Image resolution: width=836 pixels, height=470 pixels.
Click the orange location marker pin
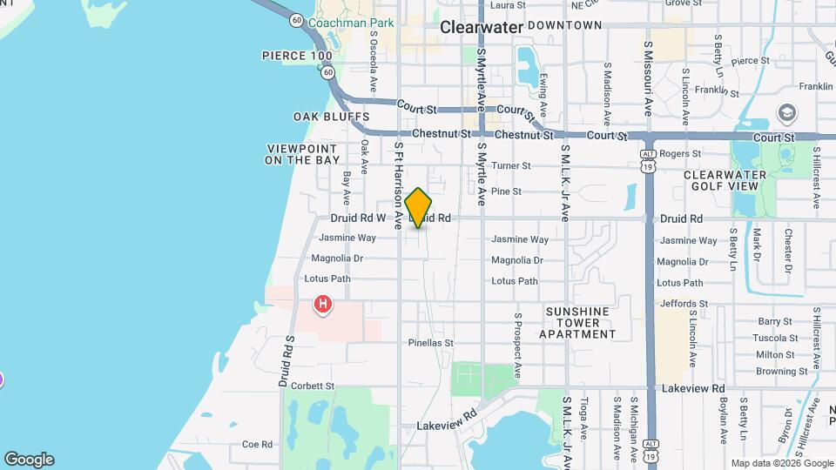tap(419, 208)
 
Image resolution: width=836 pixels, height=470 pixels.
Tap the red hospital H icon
tap(323, 305)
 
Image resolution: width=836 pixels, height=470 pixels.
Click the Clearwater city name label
tap(482, 27)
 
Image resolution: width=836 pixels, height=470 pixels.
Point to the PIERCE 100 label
tap(297, 56)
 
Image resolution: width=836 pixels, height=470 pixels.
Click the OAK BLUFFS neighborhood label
tap(332, 117)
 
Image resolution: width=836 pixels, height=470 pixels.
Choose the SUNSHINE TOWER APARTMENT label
tap(577, 322)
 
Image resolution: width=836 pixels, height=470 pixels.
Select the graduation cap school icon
tap(788, 114)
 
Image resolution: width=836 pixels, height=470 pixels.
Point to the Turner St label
tap(511, 165)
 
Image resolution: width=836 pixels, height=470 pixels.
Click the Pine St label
tap(506, 191)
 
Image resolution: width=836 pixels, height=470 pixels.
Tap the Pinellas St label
tap(431, 343)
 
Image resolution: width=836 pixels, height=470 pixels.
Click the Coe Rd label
tap(258, 444)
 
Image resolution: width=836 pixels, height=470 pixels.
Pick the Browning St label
tap(776, 371)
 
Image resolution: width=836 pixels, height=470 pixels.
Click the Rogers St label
tap(680, 154)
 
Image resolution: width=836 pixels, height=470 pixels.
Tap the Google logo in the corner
tap(29, 460)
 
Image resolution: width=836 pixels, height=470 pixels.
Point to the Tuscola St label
tap(776, 338)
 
